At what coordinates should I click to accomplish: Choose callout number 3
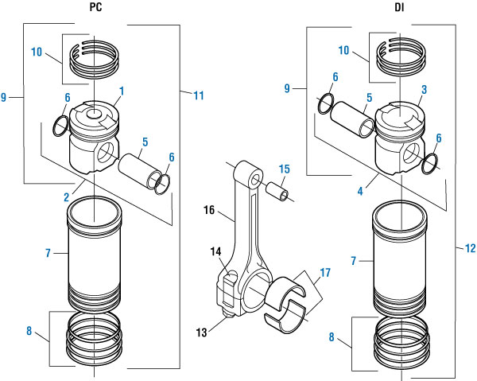point(425,89)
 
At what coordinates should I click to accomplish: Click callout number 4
point(374,191)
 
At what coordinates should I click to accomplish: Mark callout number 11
point(198,95)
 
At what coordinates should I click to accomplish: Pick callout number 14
point(215,251)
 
